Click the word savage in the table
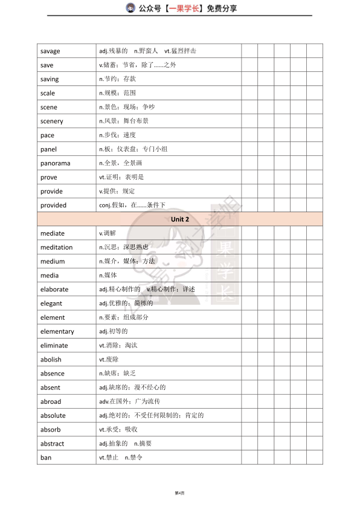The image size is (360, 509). (x=50, y=51)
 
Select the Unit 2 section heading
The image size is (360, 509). (x=180, y=219)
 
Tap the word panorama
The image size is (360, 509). (x=55, y=163)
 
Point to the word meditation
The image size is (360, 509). (x=56, y=247)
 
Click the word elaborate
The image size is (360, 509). (x=54, y=290)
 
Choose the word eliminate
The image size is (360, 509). (x=54, y=346)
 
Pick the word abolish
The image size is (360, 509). (x=51, y=360)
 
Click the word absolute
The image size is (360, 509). (x=53, y=416)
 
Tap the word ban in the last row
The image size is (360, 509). (x=46, y=458)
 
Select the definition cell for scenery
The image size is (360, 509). (x=124, y=121)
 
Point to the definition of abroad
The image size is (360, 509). (x=129, y=402)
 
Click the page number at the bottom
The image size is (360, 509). (x=179, y=493)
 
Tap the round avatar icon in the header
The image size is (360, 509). (x=130, y=8)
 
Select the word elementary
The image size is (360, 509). (x=57, y=332)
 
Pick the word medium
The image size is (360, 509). (x=53, y=262)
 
